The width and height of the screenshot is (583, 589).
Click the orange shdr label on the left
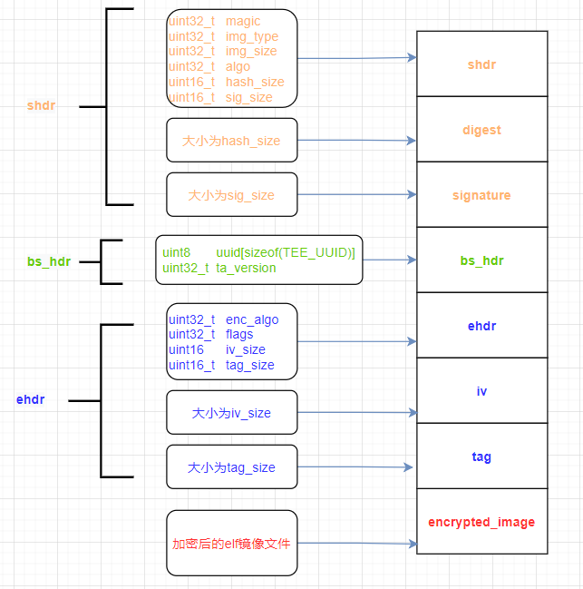(x=41, y=106)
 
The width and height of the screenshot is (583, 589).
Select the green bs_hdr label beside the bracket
(x=48, y=261)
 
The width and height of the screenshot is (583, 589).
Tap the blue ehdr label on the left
(x=30, y=399)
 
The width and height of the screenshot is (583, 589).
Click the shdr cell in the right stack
(x=481, y=64)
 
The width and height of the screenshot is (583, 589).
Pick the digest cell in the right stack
(x=481, y=130)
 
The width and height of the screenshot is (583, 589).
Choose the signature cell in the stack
(x=481, y=195)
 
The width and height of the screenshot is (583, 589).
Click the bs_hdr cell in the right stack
(x=481, y=260)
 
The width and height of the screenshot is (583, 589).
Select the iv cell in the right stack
(x=481, y=391)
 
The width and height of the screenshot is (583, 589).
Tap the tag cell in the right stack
(x=481, y=456)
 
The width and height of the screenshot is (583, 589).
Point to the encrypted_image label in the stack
(x=481, y=522)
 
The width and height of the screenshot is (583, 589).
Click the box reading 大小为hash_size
(x=231, y=141)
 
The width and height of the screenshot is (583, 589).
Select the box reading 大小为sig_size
(x=231, y=195)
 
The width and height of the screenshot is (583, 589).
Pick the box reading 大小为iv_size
(x=231, y=413)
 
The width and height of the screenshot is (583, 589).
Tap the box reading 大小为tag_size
(x=231, y=467)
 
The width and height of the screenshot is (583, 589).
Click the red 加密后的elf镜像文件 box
(x=231, y=544)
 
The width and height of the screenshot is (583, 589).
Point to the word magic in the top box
(x=242, y=21)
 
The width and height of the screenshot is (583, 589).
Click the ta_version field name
(x=246, y=268)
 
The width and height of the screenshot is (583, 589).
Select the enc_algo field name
(x=252, y=319)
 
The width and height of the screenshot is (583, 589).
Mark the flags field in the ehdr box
(x=239, y=335)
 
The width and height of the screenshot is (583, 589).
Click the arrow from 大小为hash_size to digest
(x=356, y=141)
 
